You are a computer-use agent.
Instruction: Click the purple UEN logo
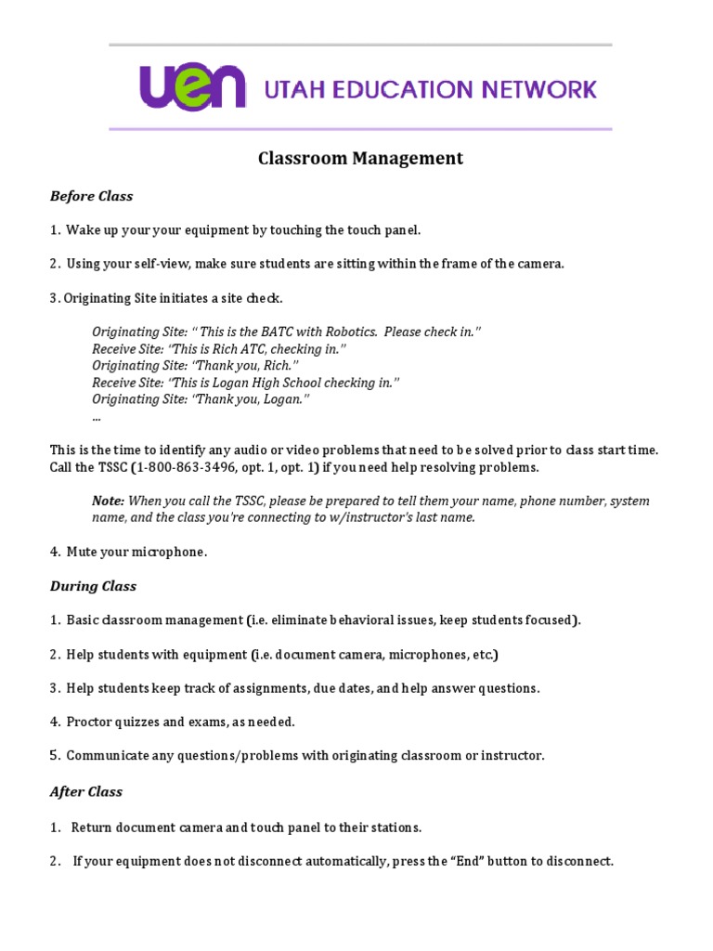click(192, 86)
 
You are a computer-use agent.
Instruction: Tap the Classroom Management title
click(360, 159)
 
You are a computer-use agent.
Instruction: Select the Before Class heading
click(91, 196)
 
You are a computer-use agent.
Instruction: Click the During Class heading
click(93, 586)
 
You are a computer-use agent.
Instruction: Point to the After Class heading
click(86, 792)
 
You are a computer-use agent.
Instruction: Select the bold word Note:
click(109, 501)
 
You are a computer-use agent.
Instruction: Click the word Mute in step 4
click(82, 552)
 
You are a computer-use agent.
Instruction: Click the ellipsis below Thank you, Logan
click(97, 417)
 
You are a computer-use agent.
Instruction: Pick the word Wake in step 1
click(82, 229)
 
